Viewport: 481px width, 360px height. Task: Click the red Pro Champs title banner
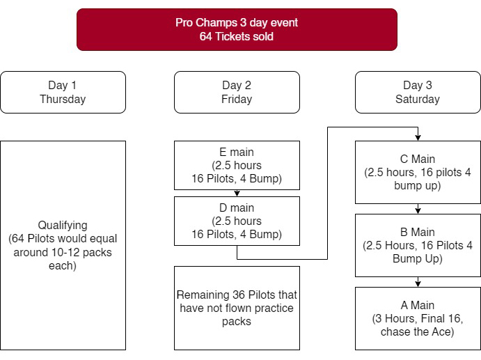[237, 29]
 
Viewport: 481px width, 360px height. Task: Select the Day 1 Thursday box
[63, 93]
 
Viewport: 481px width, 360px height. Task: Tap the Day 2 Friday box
[237, 93]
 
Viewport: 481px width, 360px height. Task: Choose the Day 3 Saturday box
[418, 93]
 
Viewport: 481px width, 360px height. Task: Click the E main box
[237, 166]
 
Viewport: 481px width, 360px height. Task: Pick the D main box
[237, 221]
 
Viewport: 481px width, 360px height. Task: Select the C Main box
[418, 172]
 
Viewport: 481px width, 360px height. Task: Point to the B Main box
[418, 245]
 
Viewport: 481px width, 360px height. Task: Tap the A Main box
[418, 318]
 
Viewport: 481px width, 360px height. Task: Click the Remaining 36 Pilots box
[237, 308]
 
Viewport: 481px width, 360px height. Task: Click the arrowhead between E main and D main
[237, 194]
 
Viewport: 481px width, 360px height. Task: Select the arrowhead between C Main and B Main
[418, 211]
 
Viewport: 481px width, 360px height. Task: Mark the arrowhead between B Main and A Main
[418, 284]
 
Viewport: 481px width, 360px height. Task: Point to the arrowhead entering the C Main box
[418, 138]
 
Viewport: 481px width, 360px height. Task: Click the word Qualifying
[63, 226]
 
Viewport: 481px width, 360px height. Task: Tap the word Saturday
[418, 99]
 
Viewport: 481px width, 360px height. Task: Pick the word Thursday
[63, 99]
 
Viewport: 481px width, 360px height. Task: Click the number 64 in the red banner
[205, 36]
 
